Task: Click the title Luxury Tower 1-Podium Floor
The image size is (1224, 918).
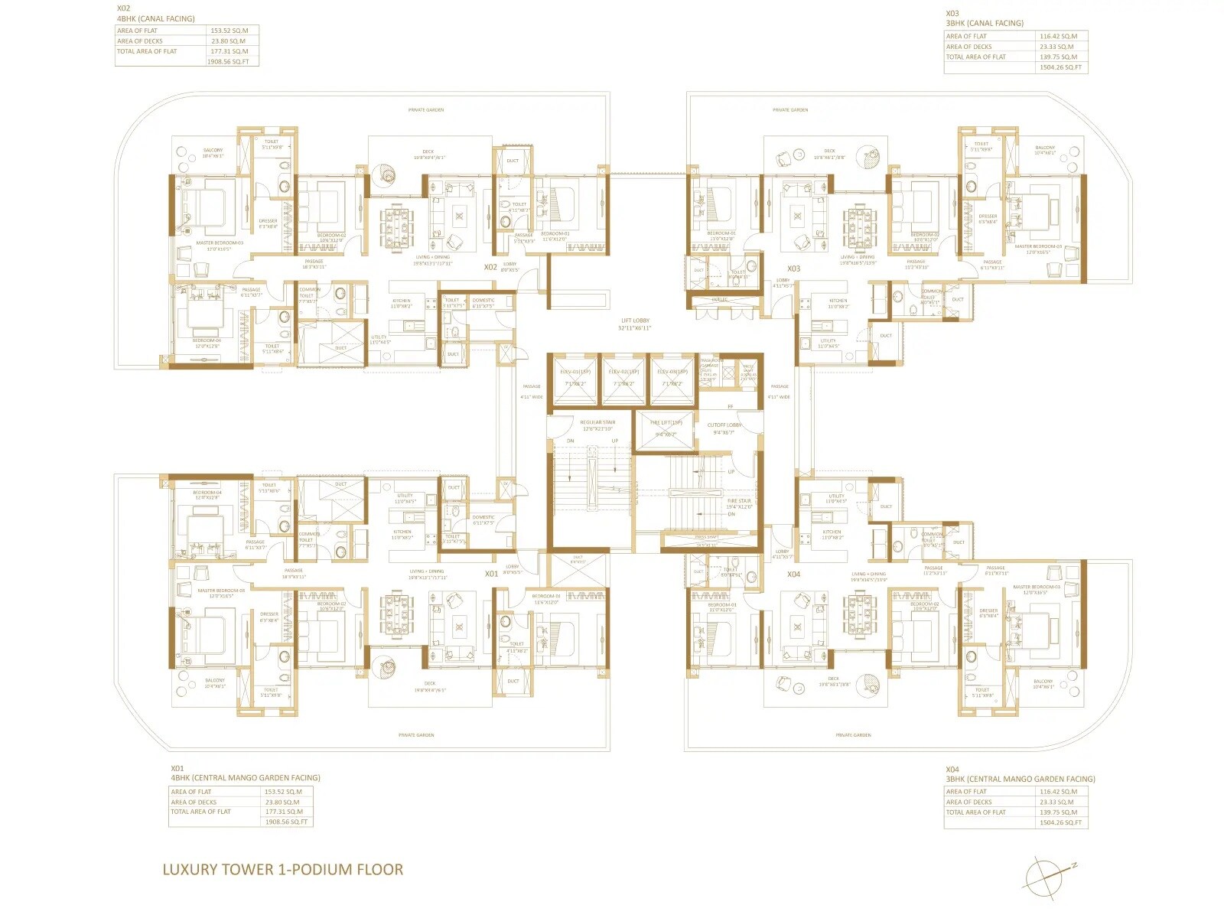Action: [x=282, y=869]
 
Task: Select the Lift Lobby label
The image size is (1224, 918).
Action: [x=635, y=324]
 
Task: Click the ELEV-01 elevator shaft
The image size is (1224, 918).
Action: [x=575, y=380]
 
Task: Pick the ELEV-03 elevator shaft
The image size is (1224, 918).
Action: [x=672, y=380]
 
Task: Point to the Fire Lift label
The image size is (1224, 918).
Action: [x=666, y=423]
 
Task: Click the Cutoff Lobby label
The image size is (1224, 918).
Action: [x=724, y=425]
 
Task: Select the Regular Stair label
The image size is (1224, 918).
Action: [x=597, y=422]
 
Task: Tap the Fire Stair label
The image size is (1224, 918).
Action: [x=739, y=501]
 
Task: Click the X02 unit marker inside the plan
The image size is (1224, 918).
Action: [x=490, y=268]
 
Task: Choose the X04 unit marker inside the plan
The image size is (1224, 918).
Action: [x=794, y=575]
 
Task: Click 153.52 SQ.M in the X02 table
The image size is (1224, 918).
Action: [x=229, y=31]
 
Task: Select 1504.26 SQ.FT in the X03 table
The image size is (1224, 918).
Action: [x=1060, y=67]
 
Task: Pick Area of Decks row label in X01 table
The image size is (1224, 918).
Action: [x=194, y=802]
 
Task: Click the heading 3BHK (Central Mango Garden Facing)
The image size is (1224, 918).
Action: [x=1020, y=780]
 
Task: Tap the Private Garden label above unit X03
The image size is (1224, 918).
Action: [x=790, y=110]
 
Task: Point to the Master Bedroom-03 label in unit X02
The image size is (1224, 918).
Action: [x=220, y=243]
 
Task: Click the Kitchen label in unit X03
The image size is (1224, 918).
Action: [x=838, y=301]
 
